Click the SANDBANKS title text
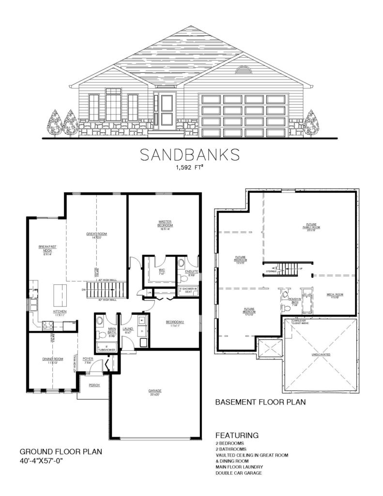pos(189,154)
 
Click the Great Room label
pos(96,235)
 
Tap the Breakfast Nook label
pos(47,249)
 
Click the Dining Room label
pos(50,359)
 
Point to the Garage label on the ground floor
pos(155,391)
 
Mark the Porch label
pos(94,385)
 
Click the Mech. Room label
pos(332,295)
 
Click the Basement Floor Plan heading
pos(260,402)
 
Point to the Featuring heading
pos(237,434)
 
